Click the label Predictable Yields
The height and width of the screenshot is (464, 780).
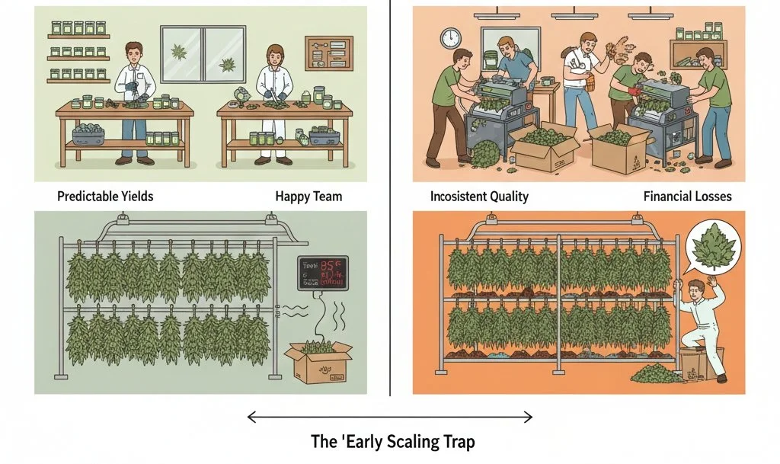coord(105,197)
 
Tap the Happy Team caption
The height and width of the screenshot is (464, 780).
coord(308,197)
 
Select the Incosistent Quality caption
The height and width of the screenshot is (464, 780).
coord(479,197)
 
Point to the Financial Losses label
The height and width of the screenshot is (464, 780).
coord(687,197)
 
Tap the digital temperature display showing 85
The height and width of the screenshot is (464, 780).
coord(322,273)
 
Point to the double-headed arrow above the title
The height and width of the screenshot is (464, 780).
coord(389,416)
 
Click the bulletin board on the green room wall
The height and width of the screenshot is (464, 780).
coord(324,53)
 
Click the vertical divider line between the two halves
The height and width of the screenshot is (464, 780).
coord(390,198)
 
